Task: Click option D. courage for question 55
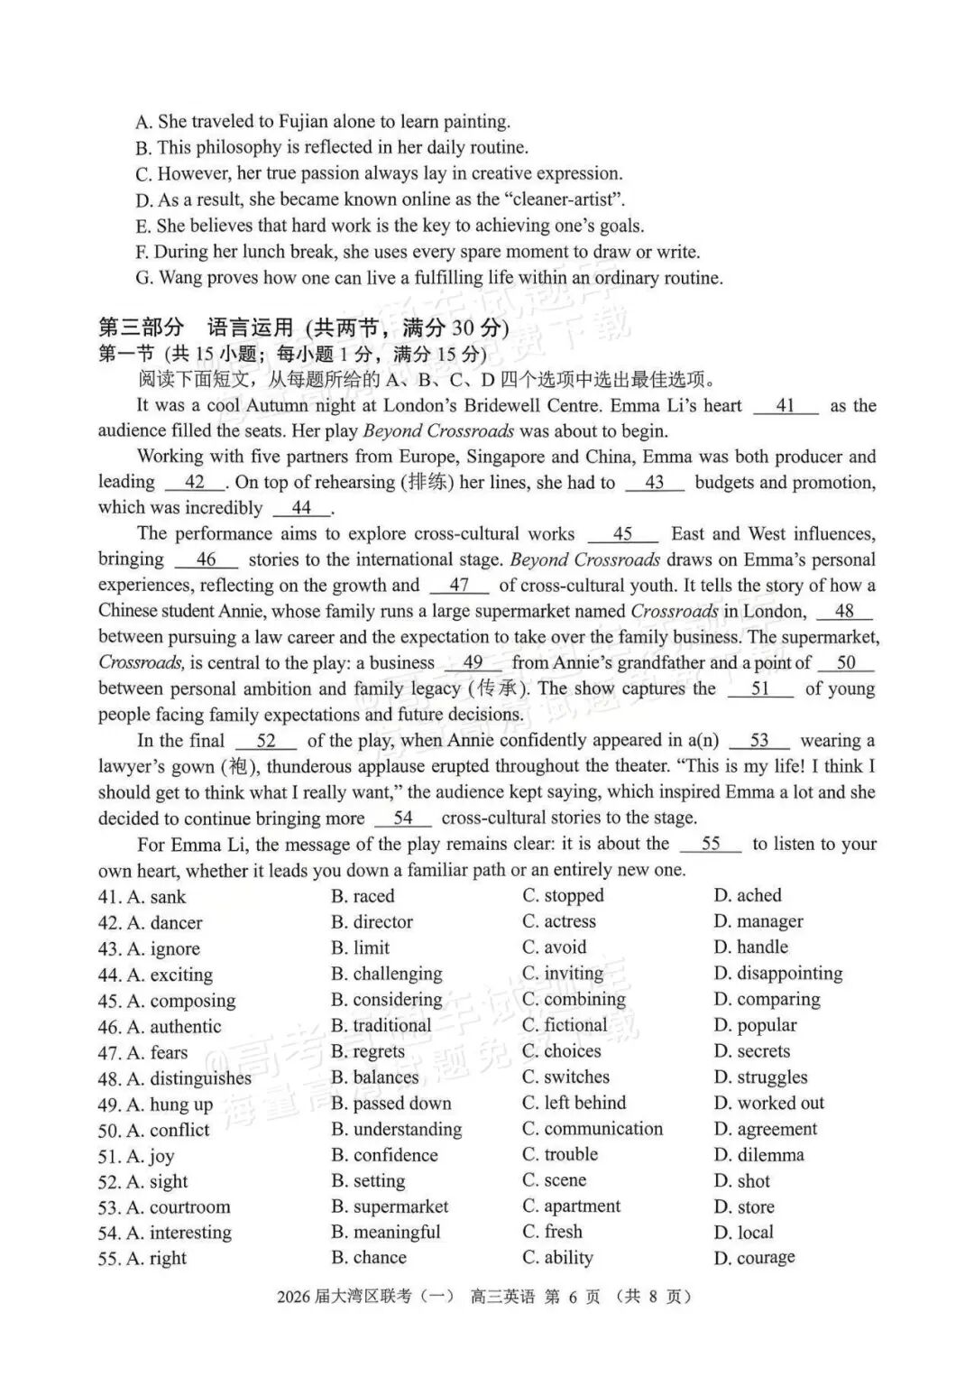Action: [754, 1258]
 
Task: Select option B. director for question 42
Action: [372, 922]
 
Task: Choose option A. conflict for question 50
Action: [154, 1130]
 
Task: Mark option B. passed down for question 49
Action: [391, 1104]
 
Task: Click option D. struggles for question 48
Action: [760, 1077]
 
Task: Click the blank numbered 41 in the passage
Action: [786, 406]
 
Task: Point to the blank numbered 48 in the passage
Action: [844, 612]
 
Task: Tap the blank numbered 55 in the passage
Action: [711, 845]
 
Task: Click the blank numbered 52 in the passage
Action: [266, 742]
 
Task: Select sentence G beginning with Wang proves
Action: [429, 278]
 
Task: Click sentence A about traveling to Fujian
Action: [323, 122]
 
